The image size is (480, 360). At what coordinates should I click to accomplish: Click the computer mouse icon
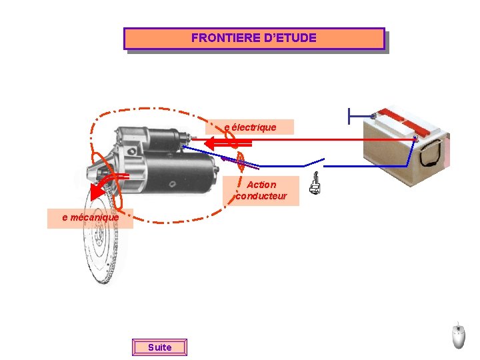[x=458, y=335]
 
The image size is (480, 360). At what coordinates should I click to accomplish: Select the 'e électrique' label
[x=250, y=127]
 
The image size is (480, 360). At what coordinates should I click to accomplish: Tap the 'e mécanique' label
[x=90, y=217]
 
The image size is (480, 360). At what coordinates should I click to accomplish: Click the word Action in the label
[x=261, y=185]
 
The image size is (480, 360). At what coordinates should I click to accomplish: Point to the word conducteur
[x=261, y=196]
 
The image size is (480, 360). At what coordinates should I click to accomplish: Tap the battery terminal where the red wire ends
[x=415, y=139]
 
